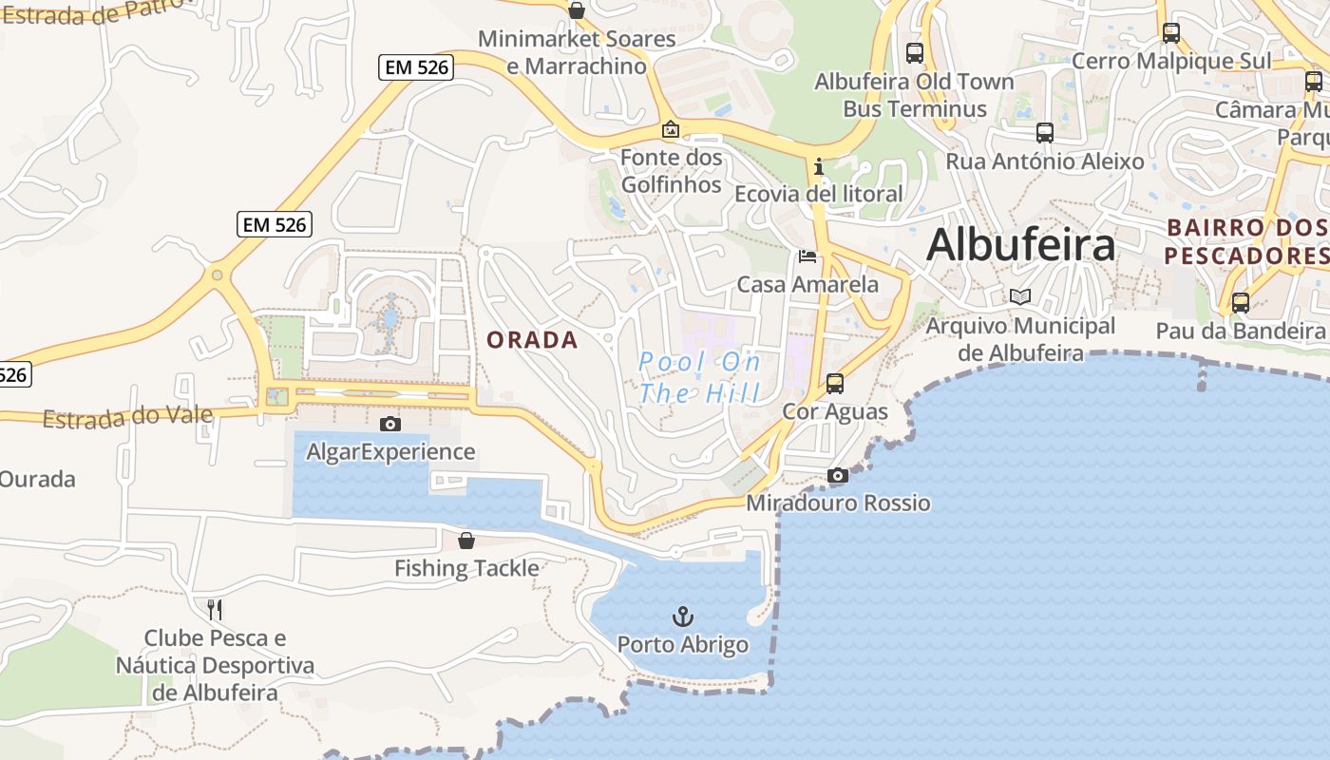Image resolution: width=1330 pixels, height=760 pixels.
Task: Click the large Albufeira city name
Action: (x=1020, y=245)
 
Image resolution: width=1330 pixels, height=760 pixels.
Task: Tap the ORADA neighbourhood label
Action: (x=532, y=340)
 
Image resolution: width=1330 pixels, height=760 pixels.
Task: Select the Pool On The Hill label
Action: (x=700, y=377)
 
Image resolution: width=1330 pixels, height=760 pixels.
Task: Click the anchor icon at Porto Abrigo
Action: (x=683, y=617)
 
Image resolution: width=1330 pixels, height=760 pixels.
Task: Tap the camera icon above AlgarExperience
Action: (x=389, y=424)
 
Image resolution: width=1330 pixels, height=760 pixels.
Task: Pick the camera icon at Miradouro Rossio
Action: (x=837, y=475)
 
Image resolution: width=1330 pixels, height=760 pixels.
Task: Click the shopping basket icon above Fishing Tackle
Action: (x=466, y=541)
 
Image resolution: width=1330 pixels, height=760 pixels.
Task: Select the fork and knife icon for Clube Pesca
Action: (x=215, y=609)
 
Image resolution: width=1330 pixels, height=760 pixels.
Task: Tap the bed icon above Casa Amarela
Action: (x=807, y=256)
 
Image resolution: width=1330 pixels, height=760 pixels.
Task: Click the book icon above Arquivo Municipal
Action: (x=1020, y=296)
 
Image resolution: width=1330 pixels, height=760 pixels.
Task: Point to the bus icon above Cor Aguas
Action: (x=835, y=384)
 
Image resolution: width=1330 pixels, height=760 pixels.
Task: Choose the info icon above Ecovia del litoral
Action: (x=819, y=167)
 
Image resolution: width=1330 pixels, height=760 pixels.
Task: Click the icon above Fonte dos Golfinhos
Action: (x=671, y=128)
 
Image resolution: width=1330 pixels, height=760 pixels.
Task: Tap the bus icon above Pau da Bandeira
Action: (x=1240, y=303)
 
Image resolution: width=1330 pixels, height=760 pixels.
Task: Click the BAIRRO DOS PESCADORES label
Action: (x=1245, y=242)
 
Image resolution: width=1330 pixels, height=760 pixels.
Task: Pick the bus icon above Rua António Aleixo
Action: (x=1045, y=133)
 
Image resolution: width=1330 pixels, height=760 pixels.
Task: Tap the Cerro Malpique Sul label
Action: (x=1170, y=61)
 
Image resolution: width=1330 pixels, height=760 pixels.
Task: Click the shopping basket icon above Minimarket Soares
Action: (x=576, y=10)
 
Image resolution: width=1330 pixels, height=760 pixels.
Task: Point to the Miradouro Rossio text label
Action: (x=838, y=503)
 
